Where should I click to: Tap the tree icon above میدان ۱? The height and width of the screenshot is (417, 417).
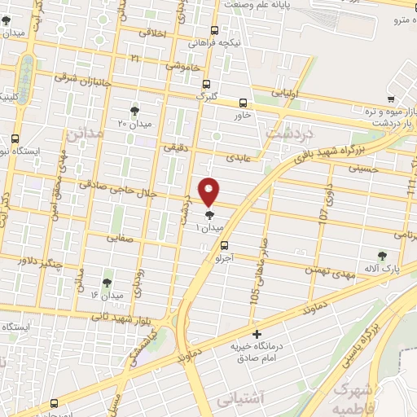210,215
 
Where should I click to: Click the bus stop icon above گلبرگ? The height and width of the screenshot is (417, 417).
205,84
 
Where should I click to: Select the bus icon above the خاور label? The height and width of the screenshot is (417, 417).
244,103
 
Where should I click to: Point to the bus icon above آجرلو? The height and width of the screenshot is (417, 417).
224,244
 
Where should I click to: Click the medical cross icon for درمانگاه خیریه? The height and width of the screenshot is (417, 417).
257,334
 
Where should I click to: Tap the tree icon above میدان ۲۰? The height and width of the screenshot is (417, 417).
134,111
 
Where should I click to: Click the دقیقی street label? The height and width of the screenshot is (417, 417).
175,148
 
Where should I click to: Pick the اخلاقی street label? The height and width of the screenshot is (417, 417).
153,33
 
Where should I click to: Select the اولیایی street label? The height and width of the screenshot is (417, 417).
287,93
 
